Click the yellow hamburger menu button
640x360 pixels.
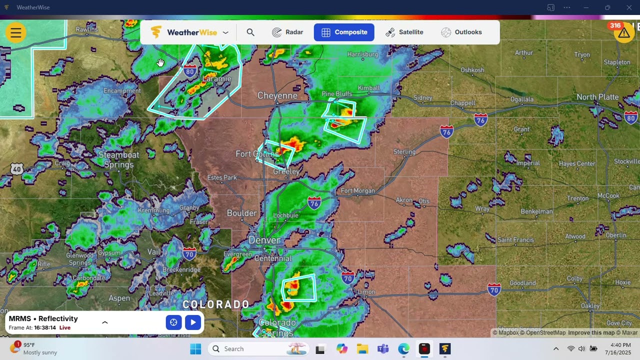16,33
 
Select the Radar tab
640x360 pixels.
287,32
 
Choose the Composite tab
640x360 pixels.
344,32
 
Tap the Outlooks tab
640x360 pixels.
461,32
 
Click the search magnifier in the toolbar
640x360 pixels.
250,32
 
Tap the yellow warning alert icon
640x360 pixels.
623,33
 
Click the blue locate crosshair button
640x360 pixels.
173,322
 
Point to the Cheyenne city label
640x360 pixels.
277,95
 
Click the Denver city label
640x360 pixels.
264,240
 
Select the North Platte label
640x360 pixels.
597,97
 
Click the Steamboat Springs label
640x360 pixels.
118,159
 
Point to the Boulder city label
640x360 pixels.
242,213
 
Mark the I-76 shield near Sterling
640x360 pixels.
446,131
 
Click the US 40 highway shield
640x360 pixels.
17,169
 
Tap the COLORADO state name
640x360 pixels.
216,304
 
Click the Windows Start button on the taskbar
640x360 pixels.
195,349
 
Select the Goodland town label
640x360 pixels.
522,283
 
